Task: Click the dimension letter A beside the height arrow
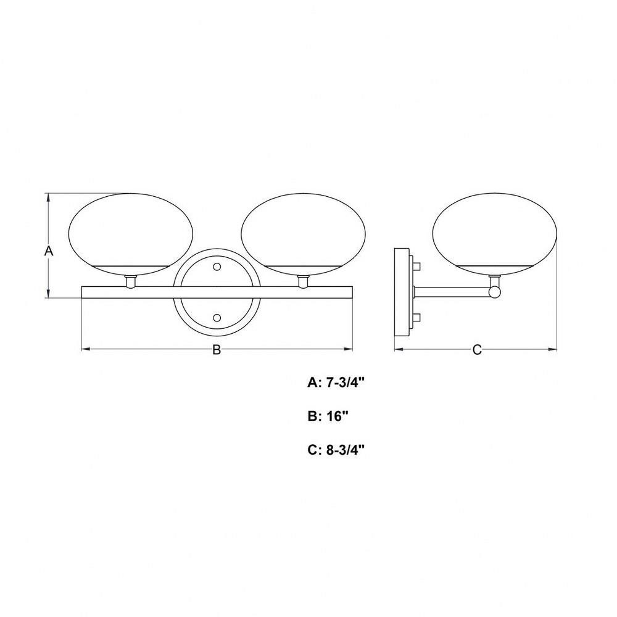pyautogui.click(x=48, y=251)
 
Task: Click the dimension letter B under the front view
pyautogui.click(x=217, y=349)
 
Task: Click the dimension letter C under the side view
pyautogui.click(x=477, y=349)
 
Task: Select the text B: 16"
pyautogui.click(x=329, y=416)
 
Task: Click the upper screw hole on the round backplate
pyautogui.click(x=217, y=267)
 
